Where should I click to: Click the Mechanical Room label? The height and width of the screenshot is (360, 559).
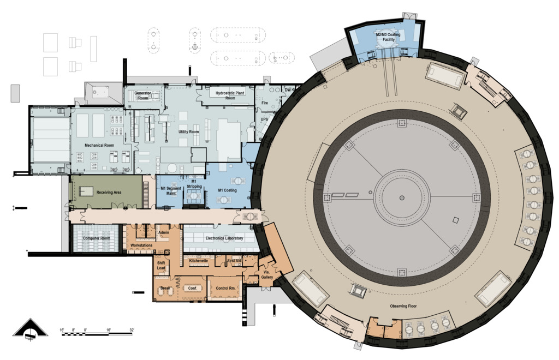[99, 145]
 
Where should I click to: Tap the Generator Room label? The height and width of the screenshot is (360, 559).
[142, 95]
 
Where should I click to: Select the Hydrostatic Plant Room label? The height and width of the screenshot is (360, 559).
[230, 95]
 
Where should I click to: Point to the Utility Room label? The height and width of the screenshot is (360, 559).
[188, 132]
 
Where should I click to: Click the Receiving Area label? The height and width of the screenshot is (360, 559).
[109, 193]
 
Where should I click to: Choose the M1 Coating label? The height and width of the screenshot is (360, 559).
[228, 190]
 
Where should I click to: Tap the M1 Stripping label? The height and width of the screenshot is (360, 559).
[194, 184]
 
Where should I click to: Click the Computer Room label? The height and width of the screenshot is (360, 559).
[97, 238]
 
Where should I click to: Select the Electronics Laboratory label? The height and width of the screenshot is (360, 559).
[224, 238]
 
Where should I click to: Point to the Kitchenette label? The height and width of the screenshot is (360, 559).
[199, 261]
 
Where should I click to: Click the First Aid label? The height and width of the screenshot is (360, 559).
[234, 261]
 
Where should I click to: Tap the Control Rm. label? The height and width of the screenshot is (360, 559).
[225, 288]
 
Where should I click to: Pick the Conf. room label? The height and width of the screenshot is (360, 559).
[193, 288]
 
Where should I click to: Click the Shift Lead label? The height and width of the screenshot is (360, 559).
[161, 266]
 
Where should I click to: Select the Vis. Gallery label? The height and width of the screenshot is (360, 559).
[267, 274]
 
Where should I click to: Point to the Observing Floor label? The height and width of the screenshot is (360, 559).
[403, 306]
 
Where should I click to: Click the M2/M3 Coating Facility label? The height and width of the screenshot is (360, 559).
[388, 37]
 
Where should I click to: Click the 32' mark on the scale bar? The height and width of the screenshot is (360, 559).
[132, 331]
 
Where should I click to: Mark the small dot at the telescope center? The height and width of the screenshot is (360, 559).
[402, 197]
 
